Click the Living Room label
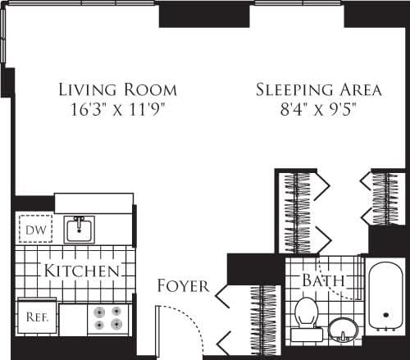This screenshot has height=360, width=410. point(117,89)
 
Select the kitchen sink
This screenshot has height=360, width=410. point(80,229)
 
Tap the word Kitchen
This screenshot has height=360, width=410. point(83,271)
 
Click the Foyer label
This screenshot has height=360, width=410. point(183,287)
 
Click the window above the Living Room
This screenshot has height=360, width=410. point(82,3)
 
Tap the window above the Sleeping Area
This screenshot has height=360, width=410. point(298,3)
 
